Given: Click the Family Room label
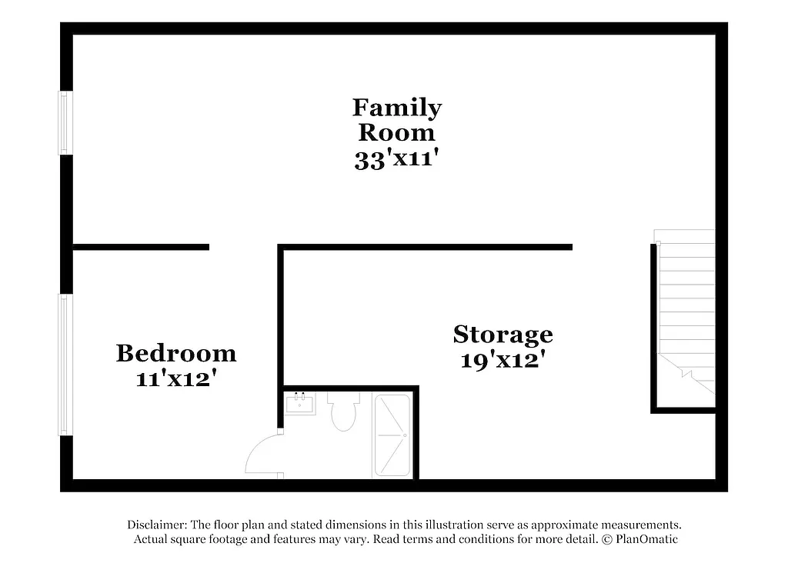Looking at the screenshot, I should [x=397, y=119].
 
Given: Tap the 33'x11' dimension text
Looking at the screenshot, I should [x=396, y=159].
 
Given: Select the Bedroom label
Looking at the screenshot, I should [x=175, y=353].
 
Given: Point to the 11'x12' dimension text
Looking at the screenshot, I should [x=175, y=378].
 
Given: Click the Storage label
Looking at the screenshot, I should [x=503, y=335].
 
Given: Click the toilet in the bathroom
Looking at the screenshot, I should [x=342, y=411].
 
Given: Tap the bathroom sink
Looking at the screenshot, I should [x=299, y=403].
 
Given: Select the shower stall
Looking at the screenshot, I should [x=392, y=435].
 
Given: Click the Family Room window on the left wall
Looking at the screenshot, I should [x=66, y=123].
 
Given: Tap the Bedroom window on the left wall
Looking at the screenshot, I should [x=66, y=365].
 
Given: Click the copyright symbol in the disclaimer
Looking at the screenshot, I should [x=606, y=539].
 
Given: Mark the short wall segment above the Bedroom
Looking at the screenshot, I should [x=141, y=247].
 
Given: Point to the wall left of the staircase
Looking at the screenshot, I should [x=653, y=327].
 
